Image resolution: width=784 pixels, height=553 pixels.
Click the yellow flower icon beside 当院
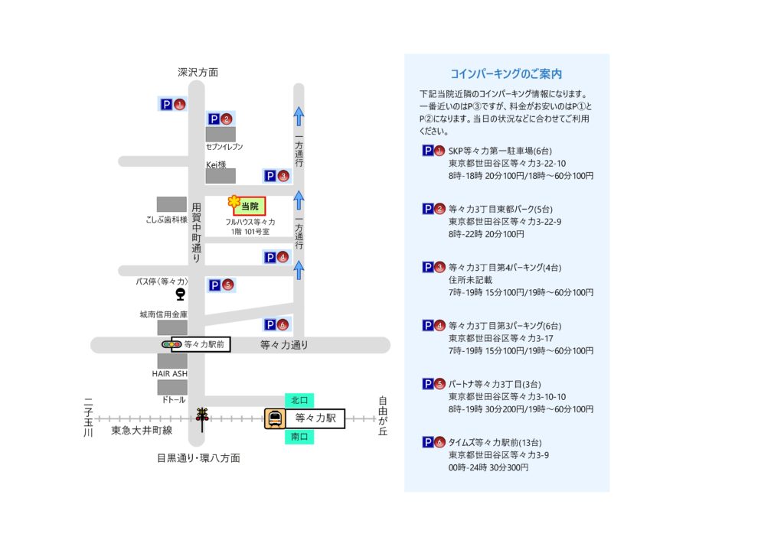coord(234,202)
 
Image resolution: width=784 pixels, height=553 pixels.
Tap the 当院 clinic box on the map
coord(250,206)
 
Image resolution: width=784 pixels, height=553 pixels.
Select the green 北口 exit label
coord(299,400)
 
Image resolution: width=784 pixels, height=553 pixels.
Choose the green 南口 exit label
coord(299,437)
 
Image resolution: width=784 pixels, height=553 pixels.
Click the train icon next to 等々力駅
coord(275,418)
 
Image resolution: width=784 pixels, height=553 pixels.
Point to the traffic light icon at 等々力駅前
coord(171,345)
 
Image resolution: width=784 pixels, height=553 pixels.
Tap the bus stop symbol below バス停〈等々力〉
coord(180,292)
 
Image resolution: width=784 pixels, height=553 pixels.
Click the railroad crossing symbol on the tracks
coord(202,415)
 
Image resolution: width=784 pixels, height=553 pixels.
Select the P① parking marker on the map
coord(172,104)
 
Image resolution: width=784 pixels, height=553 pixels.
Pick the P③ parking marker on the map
coord(276,176)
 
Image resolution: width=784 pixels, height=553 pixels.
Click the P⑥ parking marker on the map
coord(276,324)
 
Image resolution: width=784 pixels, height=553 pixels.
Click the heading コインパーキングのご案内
coord(506,74)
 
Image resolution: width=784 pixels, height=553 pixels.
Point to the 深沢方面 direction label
coord(198,73)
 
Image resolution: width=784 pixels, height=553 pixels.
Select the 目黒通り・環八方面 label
coord(198,458)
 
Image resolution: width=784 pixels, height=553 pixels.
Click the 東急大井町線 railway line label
coord(142,431)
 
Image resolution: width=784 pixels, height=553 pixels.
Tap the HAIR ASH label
coord(169,373)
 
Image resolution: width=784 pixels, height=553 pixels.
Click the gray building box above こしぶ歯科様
coord(171,204)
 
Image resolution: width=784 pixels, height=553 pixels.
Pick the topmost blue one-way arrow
coord(299,116)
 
